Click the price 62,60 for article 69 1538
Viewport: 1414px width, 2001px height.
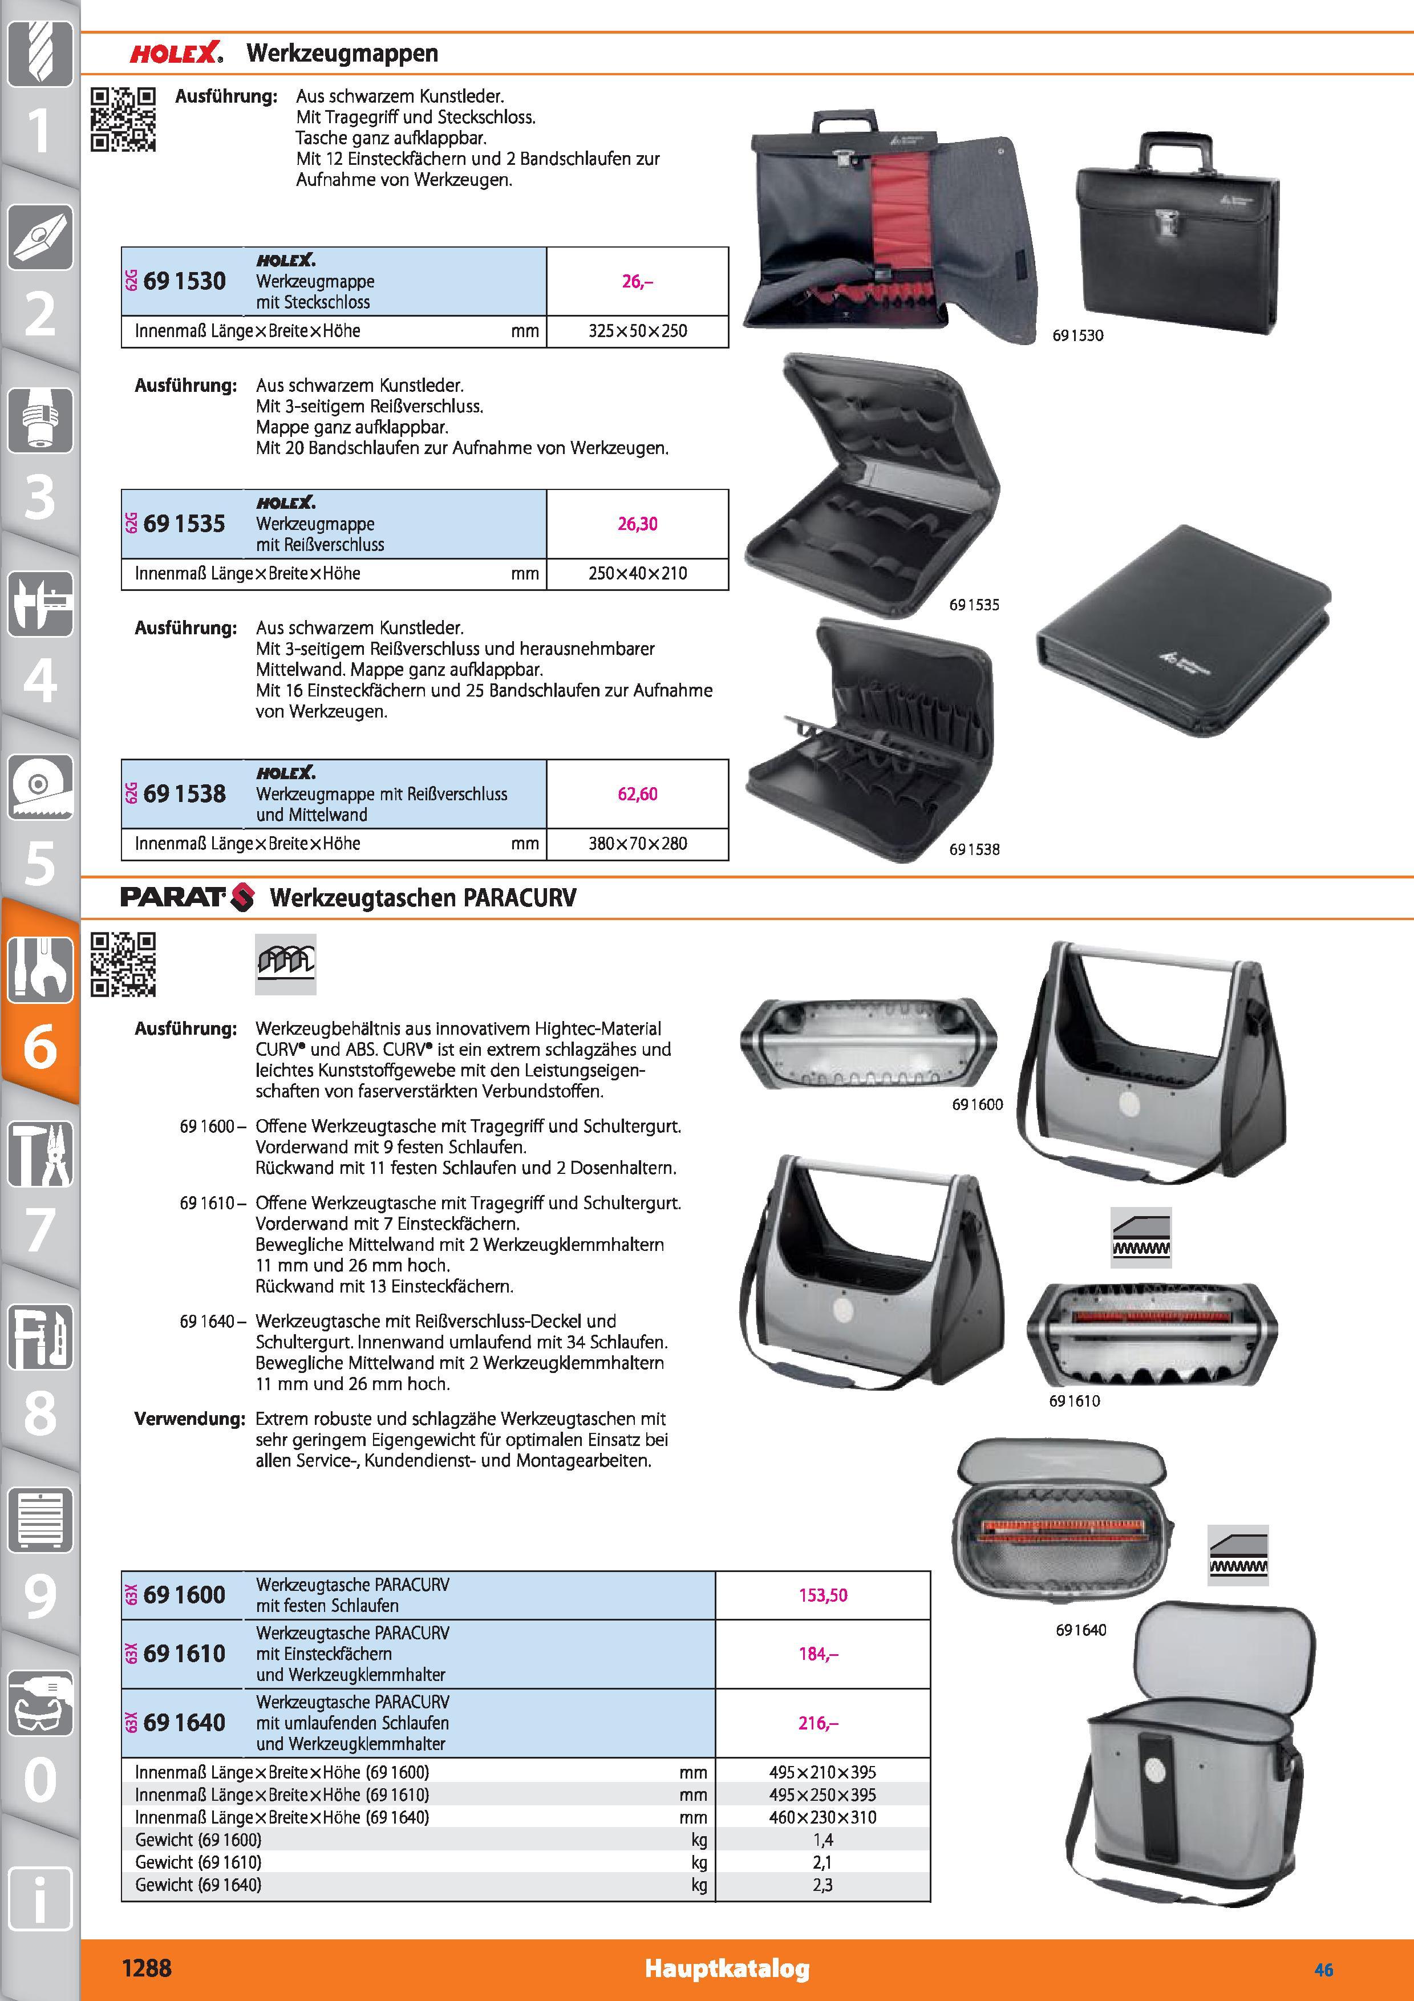pyautogui.click(x=637, y=794)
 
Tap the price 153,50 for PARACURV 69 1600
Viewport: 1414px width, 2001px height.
pyautogui.click(x=823, y=1595)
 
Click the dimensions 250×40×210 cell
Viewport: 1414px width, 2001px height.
pyautogui.click(x=637, y=573)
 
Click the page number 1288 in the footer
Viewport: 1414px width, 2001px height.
pyautogui.click(x=147, y=1968)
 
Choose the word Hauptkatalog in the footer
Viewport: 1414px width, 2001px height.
pyautogui.click(x=727, y=1968)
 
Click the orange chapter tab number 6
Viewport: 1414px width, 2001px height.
pyautogui.click(x=40, y=1045)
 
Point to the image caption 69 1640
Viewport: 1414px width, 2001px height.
pyautogui.click(x=1080, y=1630)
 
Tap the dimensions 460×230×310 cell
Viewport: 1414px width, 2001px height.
pyautogui.click(x=823, y=1817)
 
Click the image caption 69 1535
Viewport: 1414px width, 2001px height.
pyautogui.click(x=974, y=605)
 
